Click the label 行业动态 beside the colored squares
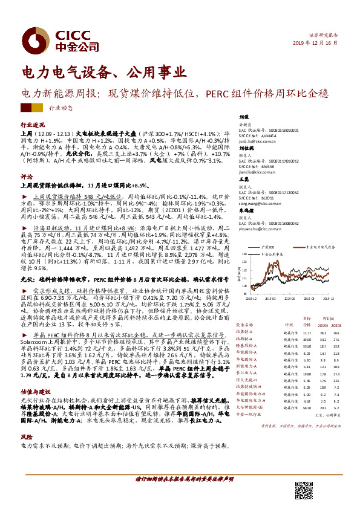[x=59, y=108]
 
